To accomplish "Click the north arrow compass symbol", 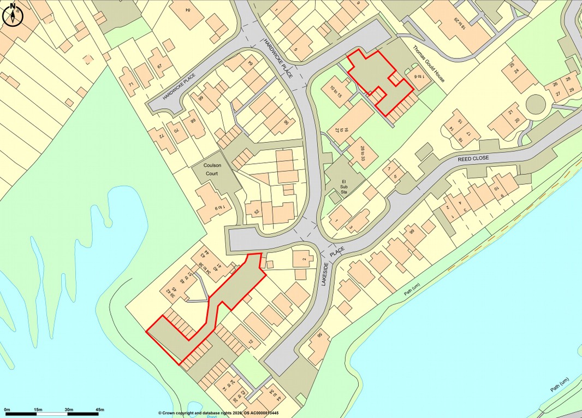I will [x=12, y=15].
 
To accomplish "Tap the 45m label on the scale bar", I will [x=99, y=409].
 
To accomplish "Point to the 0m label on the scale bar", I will [x=7, y=409].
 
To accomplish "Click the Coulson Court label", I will [x=211, y=169].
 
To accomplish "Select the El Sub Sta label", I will [x=345, y=186].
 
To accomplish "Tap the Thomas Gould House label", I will [x=429, y=63].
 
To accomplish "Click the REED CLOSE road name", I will [x=473, y=158].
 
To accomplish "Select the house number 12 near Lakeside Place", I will [x=251, y=342].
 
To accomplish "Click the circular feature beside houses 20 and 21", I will [x=535, y=103].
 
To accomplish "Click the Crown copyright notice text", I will [x=218, y=413].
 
